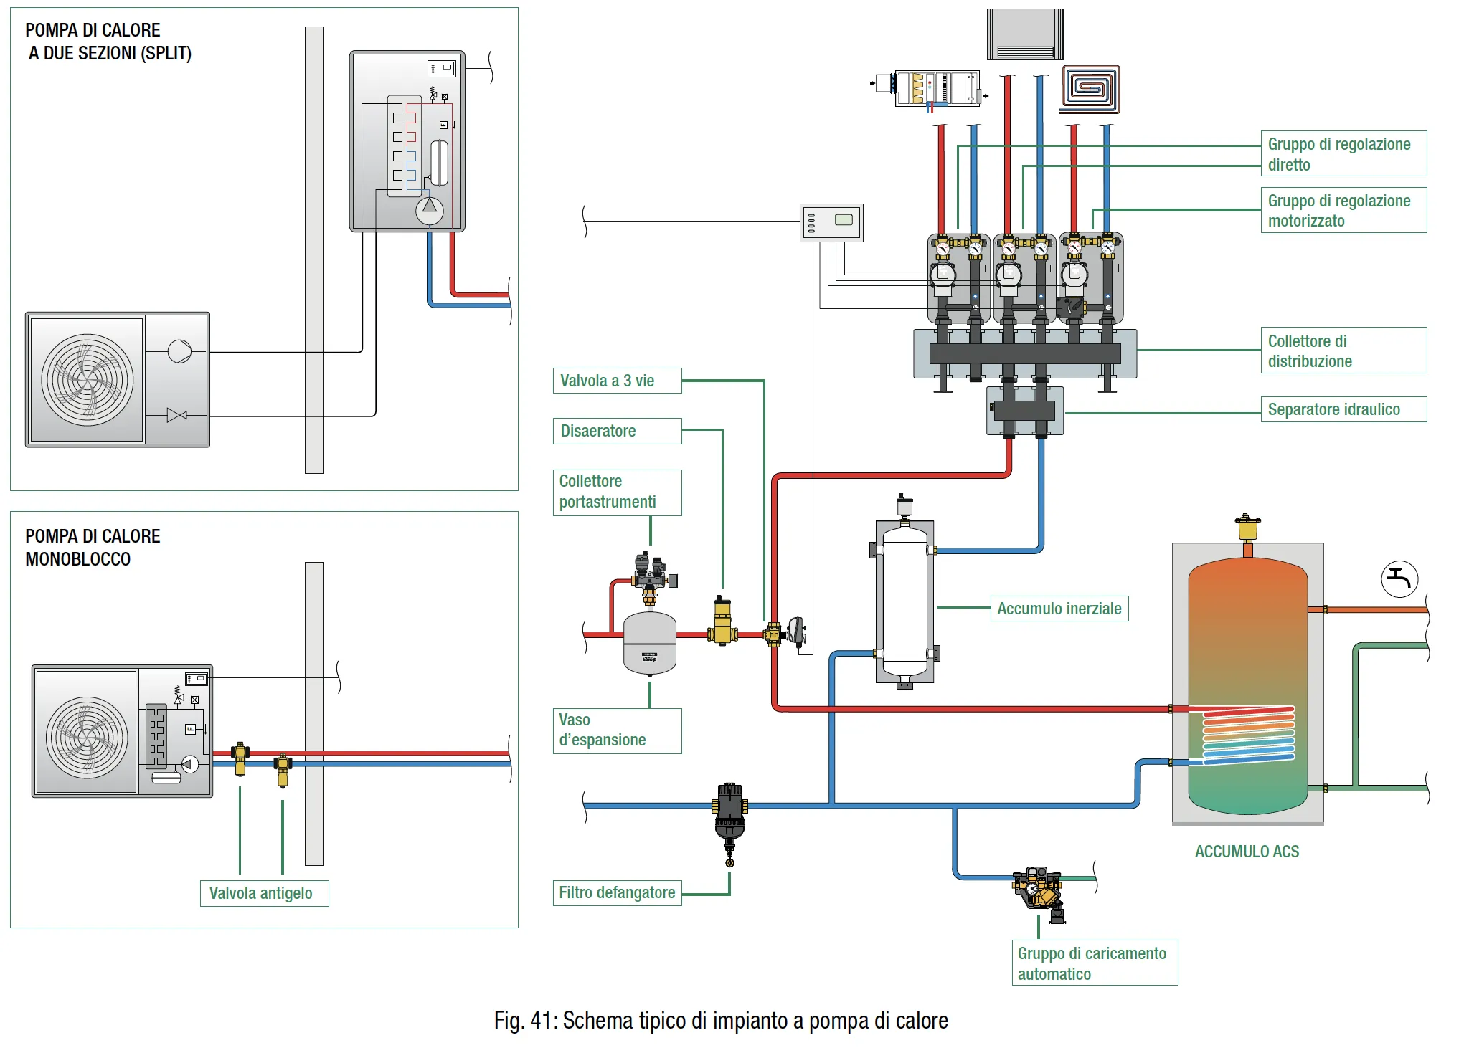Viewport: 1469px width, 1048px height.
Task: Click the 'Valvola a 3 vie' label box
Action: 617,381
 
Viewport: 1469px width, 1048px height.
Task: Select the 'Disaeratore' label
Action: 617,431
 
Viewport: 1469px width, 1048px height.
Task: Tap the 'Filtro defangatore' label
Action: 617,892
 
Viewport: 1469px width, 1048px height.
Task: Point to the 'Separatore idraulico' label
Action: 1343,409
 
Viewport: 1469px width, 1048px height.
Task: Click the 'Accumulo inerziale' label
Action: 1059,609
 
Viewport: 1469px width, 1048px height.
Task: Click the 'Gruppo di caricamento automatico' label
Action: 1094,963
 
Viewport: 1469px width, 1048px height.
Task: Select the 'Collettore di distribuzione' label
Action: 1343,351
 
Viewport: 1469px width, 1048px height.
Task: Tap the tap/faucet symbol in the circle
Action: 1399,578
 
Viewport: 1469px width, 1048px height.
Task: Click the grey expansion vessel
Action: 650,642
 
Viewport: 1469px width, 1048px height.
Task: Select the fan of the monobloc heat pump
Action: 88,737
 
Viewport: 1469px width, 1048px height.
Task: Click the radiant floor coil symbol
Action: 1090,89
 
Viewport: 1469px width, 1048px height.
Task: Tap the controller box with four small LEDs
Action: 831,222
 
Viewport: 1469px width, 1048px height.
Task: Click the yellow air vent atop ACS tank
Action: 1247,528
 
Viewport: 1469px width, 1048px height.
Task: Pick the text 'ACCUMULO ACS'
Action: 1247,852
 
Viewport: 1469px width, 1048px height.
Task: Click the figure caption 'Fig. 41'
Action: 720,1020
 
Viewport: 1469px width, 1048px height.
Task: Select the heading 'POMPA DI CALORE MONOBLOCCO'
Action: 93,548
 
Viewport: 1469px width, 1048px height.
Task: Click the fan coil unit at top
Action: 1025,34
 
